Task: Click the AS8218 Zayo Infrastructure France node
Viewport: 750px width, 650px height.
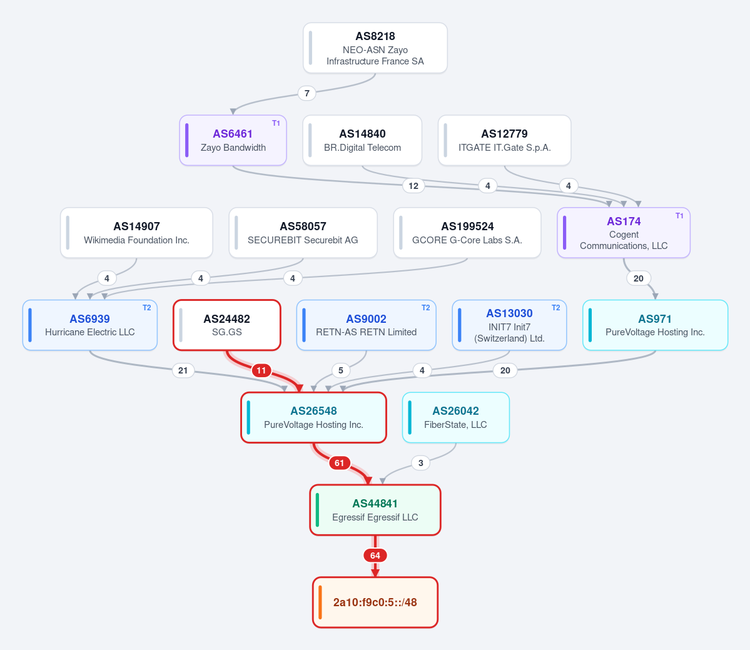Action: pyautogui.click(x=375, y=48)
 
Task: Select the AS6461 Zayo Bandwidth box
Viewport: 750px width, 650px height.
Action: pyautogui.click(x=233, y=140)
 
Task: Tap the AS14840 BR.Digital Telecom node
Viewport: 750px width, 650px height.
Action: pyautogui.click(x=362, y=140)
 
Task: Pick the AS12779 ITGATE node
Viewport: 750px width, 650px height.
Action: pyautogui.click(x=505, y=140)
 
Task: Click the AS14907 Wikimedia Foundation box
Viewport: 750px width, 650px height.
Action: pyautogui.click(x=136, y=233)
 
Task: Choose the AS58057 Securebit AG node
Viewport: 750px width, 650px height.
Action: pyautogui.click(x=303, y=233)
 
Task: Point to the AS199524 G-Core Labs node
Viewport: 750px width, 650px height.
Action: pyautogui.click(x=467, y=233)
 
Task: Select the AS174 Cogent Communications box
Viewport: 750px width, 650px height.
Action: pyautogui.click(x=624, y=233)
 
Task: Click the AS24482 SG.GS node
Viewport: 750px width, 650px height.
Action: pyautogui.click(x=226, y=325)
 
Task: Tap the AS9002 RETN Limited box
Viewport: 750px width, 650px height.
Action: pyautogui.click(x=367, y=325)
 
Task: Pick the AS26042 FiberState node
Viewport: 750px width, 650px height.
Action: pyautogui.click(x=456, y=417)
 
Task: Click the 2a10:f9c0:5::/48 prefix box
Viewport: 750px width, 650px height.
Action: pyautogui.click(x=375, y=602)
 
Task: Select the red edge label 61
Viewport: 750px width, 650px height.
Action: pyautogui.click(x=339, y=463)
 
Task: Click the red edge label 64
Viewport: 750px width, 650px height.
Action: pyautogui.click(x=375, y=556)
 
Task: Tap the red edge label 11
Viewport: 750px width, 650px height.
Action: pyautogui.click(x=261, y=370)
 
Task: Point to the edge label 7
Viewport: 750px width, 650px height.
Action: pyautogui.click(x=307, y=93)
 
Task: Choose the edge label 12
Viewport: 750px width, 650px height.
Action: pyautogui.click(x=413, y=186)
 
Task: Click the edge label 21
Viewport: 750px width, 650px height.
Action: pyautogui.click(x=183, y=370)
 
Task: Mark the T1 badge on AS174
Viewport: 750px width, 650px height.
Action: pyautogui.click(x=679, y=216)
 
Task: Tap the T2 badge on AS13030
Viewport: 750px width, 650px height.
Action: pyautogui.click(x=556, y=308)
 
